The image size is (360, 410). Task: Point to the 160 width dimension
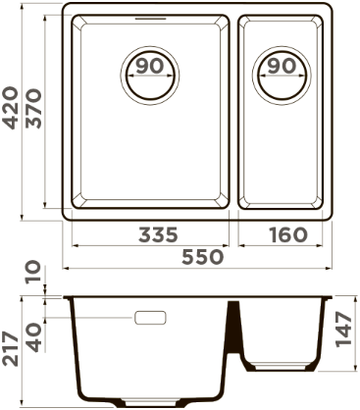click(x=286, y=235)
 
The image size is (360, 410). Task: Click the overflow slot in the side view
click(x=149, y=318)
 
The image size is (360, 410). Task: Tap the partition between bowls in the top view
click(x=235, y=113)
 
